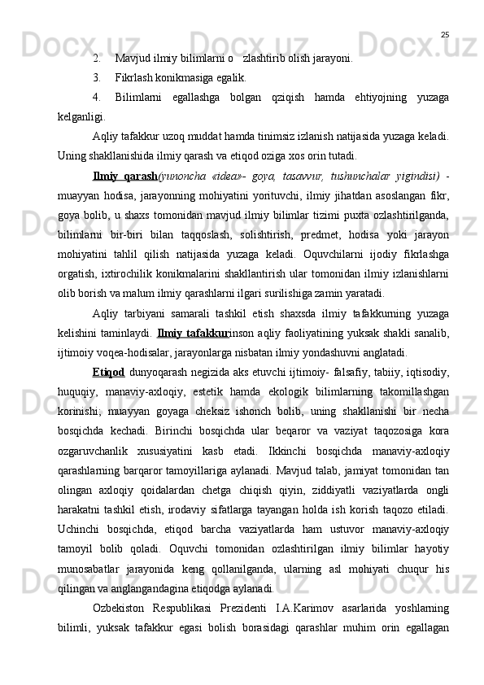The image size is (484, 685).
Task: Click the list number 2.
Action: pos(96,59)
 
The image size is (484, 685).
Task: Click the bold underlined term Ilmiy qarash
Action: pos(126,176)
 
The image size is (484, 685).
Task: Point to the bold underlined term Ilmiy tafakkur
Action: pos(194,332)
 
